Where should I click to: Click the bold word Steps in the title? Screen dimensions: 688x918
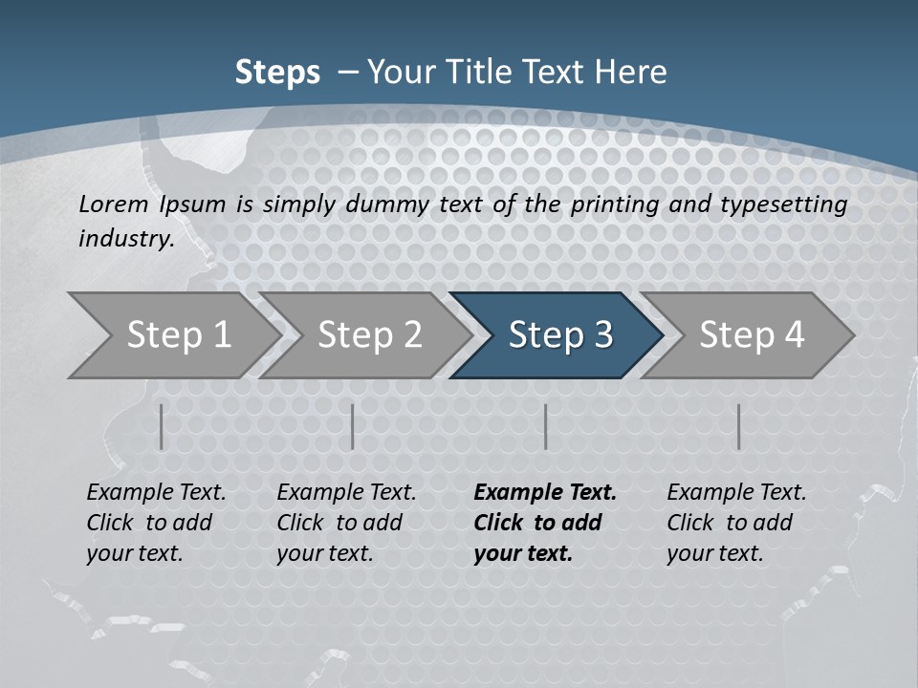tap(277, 73)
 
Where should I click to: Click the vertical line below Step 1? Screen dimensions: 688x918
tap(162, 426)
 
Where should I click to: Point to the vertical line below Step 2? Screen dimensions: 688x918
tap(353, 426)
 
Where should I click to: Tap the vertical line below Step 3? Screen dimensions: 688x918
tap(546, 426)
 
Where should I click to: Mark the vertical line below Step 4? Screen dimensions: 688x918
tap(739, 426)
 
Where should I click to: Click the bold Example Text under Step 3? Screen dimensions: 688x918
tap(545, 493)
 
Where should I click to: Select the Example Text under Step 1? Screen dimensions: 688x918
tap(156, 493)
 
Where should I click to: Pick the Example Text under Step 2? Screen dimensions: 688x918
tap(346, 493)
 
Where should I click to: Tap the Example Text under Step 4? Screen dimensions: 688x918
tap(736, 493)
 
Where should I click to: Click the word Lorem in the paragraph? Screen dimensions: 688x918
tap(114, 204)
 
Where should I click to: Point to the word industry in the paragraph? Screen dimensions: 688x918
tap(126, 239)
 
